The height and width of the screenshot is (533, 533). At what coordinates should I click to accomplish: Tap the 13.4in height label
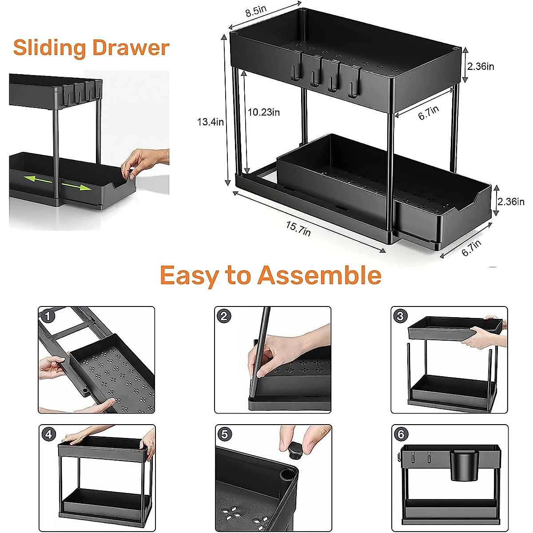coord(210,122)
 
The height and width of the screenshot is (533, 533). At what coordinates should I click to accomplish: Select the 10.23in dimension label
coord(263,112)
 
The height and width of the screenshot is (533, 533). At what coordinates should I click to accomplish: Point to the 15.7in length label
coord(298,228)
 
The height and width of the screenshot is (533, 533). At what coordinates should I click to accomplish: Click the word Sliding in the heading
coord(49,48)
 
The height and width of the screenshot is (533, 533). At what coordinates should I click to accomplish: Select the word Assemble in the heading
coord(319,275)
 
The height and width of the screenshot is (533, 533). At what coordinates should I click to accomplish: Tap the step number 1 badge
coord(48,316)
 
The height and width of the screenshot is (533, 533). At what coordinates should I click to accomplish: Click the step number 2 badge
coord(224,316)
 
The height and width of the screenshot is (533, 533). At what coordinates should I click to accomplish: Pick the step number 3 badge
coord(400,316)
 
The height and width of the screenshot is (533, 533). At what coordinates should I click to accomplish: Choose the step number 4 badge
coord(48,434)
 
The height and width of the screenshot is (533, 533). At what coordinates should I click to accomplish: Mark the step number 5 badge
coord(224,434)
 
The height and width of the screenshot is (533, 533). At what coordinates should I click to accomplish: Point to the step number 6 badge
coord(401,434)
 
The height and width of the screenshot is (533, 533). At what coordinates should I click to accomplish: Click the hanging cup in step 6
coord(463,465)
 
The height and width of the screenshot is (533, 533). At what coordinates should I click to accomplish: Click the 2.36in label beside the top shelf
coord(480,67)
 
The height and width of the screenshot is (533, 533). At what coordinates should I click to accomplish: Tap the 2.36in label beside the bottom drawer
coord(511,202)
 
